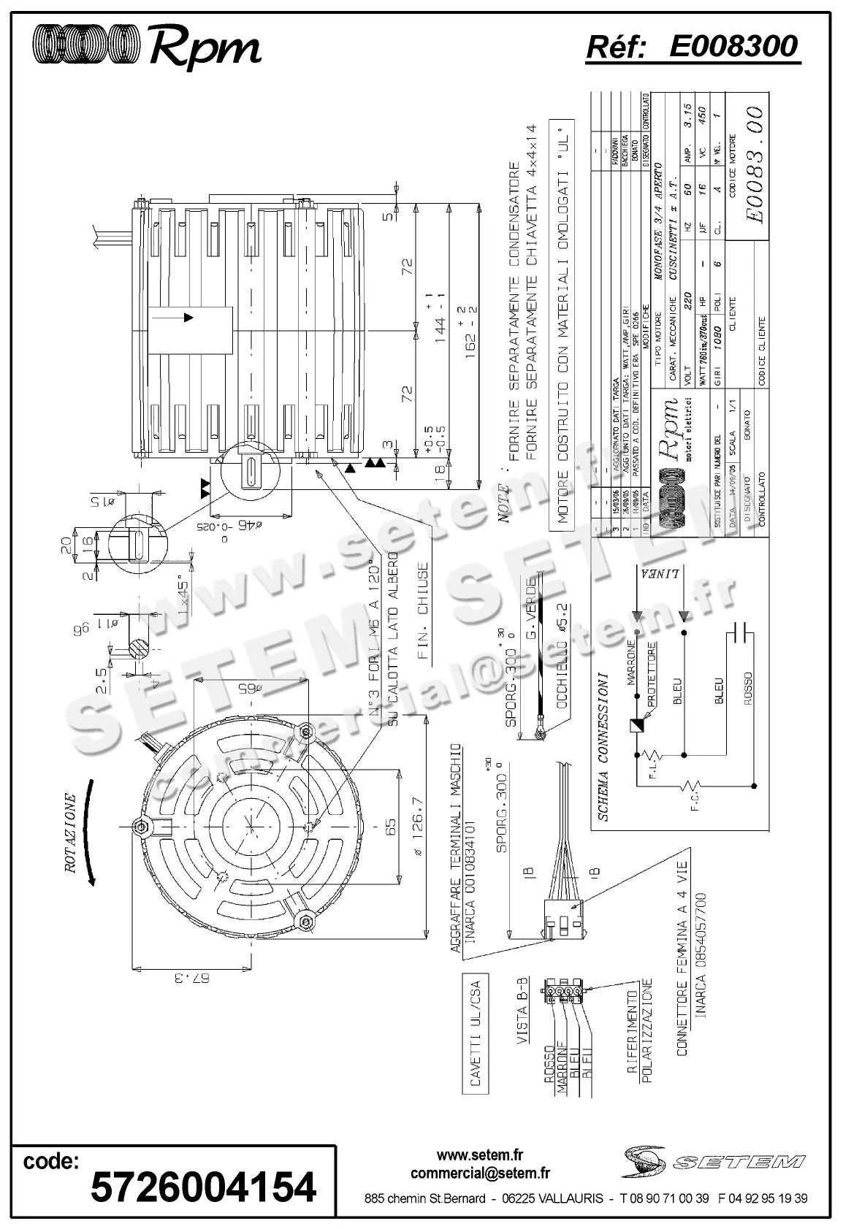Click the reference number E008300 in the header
(x=733, y=46)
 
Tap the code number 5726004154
(x=203, y=1187)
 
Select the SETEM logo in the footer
(x=714, y=1160)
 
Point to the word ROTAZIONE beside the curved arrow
(x=71, y=832)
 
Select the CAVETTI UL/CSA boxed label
(x=476, y=1035)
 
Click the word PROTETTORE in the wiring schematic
(x=649, y=674)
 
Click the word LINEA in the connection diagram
(x=666, y=573)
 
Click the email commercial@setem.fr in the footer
(x=480, y=1173)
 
